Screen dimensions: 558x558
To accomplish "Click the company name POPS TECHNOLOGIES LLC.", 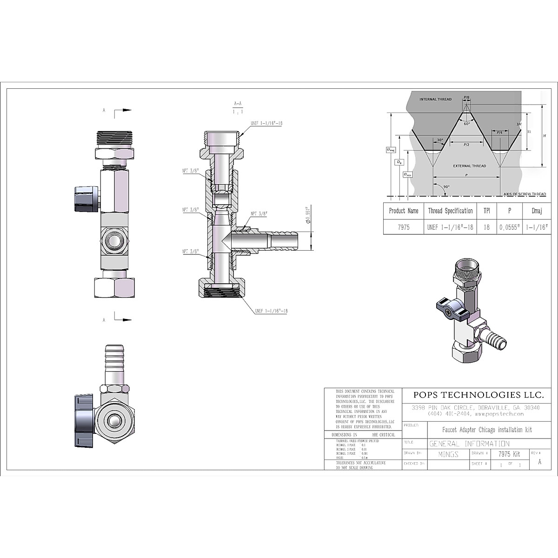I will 478,395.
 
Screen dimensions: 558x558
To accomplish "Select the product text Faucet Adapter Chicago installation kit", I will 480,430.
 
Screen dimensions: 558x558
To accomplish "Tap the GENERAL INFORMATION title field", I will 469,444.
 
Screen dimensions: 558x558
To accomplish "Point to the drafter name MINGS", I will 448,454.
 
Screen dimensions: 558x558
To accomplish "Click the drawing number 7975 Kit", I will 509,454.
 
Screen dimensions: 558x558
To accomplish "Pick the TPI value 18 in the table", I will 486,228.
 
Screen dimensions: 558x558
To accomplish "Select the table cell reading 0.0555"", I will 509,228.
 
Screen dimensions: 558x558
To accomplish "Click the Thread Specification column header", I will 450,211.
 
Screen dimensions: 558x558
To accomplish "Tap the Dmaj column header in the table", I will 536,211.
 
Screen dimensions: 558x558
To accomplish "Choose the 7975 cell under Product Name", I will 403,228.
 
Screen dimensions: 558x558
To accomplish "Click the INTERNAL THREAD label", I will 435,100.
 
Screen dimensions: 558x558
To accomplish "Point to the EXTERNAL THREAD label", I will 470,166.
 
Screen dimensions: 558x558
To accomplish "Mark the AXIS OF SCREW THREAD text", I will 525,194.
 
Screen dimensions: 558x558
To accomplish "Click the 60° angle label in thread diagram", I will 466,124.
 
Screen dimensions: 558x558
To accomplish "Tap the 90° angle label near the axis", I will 446,187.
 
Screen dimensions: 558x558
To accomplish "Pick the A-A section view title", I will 238,107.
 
